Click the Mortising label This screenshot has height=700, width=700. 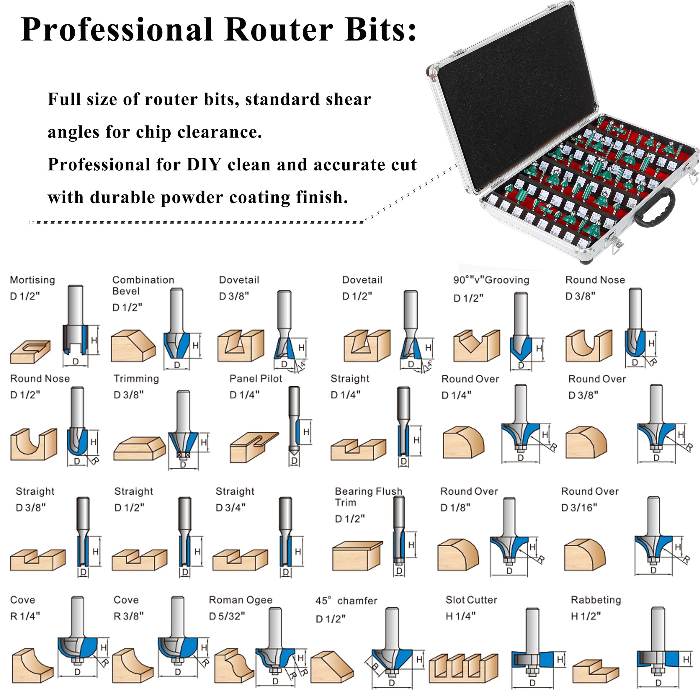[x=33, y=280]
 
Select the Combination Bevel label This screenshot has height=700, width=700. [x=143, y=285]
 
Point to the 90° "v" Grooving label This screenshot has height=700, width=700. [x=491, y=280]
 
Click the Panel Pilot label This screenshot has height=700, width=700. [x=256, y=379]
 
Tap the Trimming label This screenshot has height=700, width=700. [x=136, y=379]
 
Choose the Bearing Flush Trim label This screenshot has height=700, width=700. [x=369, y=497]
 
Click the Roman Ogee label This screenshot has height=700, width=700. [x=241, y=600]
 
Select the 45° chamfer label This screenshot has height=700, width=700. [x=346, y=601]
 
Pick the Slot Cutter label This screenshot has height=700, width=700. [x=471, y=600]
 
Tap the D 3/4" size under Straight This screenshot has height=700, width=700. [x=231, y=507]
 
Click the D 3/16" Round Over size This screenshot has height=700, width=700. [x=579, y=507]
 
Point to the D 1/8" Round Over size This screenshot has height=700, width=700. [x=455, y=507]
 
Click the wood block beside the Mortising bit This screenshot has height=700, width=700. [x=30, y=351]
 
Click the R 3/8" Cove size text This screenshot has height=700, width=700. [x=129, y=616]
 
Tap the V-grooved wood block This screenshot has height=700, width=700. [x=476, y=346]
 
